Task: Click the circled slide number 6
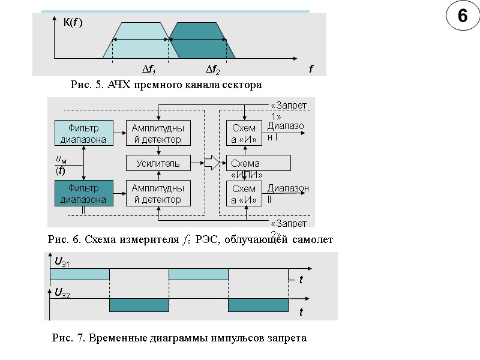463,17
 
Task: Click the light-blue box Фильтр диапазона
85,133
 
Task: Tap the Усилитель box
158,163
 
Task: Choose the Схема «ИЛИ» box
258,164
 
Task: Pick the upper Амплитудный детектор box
158,133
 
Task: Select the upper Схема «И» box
244,133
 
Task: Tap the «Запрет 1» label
289,110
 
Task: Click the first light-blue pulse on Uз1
79,274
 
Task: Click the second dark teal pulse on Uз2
257,305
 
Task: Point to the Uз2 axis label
62,292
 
